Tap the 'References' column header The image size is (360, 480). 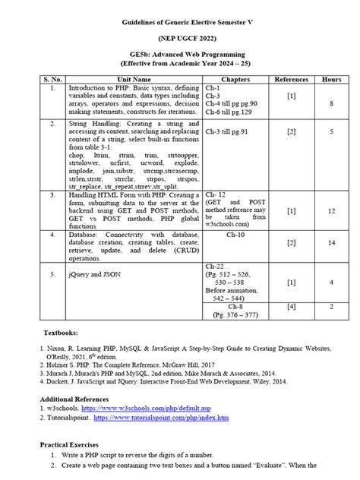coord(292,79)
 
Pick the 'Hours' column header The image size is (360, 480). coord(331,79)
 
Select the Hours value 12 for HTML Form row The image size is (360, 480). coord(331,210)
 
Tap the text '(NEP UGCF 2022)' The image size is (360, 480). coord(180,36)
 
